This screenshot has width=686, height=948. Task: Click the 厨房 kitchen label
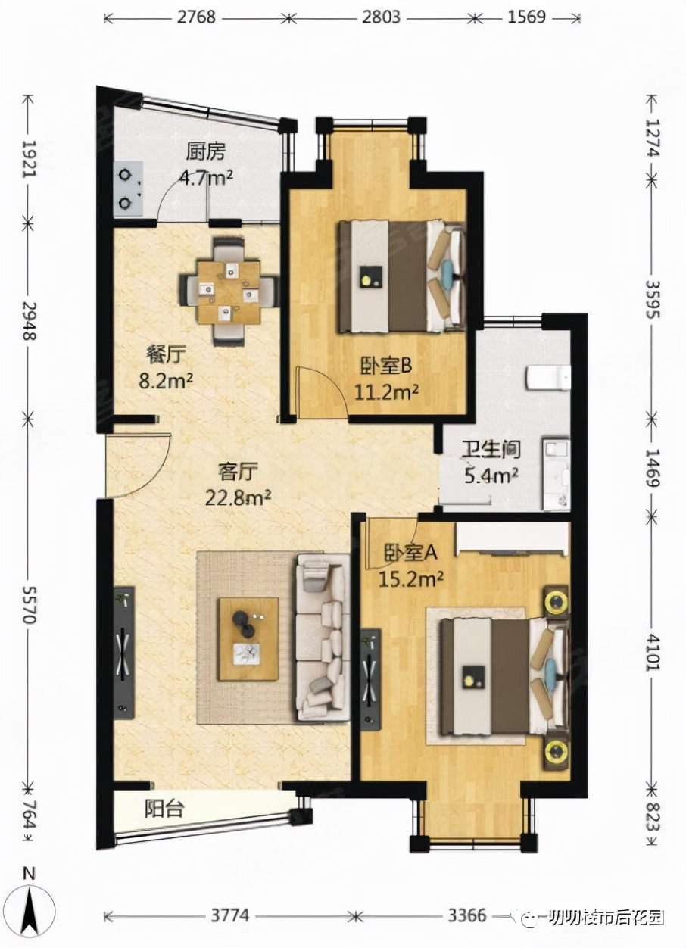point(206,152)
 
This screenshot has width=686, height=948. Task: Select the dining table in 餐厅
point(229,292)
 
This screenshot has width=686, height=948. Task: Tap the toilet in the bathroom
point(548,378)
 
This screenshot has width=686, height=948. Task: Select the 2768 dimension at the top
point(196,17)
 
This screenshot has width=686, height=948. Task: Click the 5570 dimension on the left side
point(29,605)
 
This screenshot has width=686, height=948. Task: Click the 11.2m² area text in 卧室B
point(386,392)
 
